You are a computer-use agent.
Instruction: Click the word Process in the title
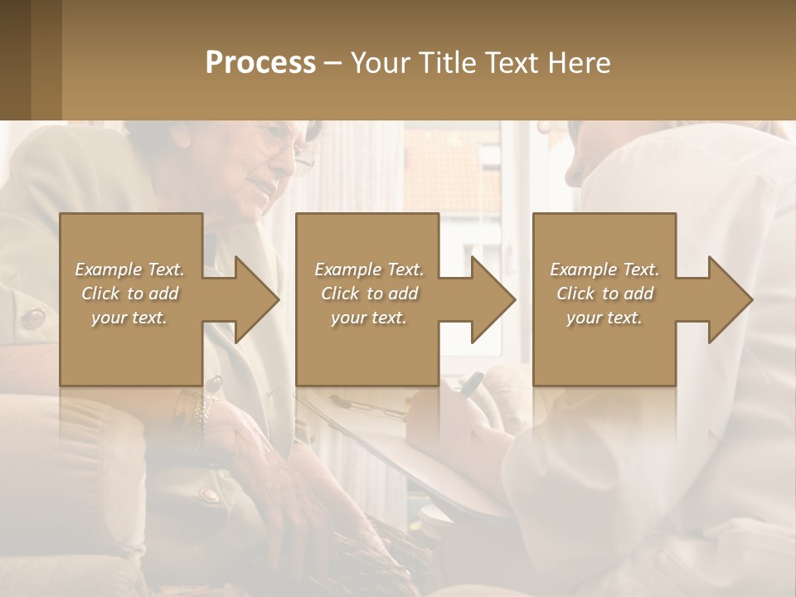coord(260,62)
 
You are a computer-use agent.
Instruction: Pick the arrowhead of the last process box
coord(729,299)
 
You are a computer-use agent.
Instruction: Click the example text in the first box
coord(129,293)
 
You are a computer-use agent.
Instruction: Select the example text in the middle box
coord(369,293)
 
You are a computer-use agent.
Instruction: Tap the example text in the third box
coord(604,293)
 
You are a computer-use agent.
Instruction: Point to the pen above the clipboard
coord(471,382)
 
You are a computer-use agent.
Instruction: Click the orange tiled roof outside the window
coord(452,178)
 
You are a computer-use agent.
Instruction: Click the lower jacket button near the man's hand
coord(208,495)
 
